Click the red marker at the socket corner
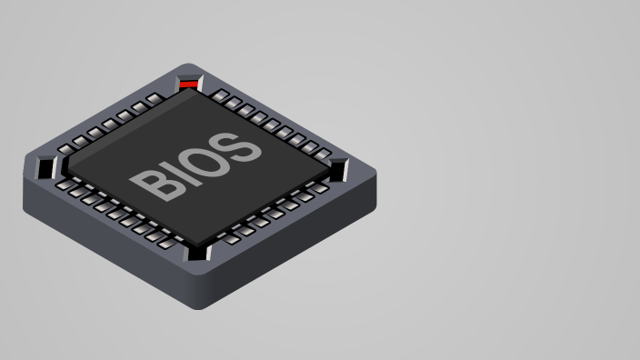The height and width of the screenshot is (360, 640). (189, 85)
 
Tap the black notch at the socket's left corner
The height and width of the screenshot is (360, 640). (45, 167)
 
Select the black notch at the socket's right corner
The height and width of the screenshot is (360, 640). (338, 169)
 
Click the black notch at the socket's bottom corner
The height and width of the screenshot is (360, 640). (198, 253)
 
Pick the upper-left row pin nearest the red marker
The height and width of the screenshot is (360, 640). (155, 98)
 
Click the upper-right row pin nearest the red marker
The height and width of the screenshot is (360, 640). (221, 95)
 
